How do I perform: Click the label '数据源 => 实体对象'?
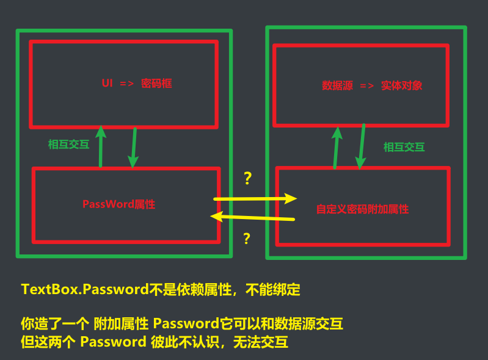coord(372,86)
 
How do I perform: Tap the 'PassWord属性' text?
coord(118,204)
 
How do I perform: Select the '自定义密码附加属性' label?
coord(362,209)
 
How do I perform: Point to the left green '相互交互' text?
coord(68,145)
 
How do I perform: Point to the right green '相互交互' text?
coord(404,147)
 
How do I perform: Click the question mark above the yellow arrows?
coord(247,179)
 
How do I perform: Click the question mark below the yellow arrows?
coord(247,239)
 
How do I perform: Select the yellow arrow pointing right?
coord(255,198)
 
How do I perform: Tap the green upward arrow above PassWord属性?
coord(101,146)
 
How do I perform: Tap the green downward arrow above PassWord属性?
coord(133,147)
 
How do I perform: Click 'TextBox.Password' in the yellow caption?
coord(85,290)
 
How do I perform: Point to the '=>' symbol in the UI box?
coord(126,84)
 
